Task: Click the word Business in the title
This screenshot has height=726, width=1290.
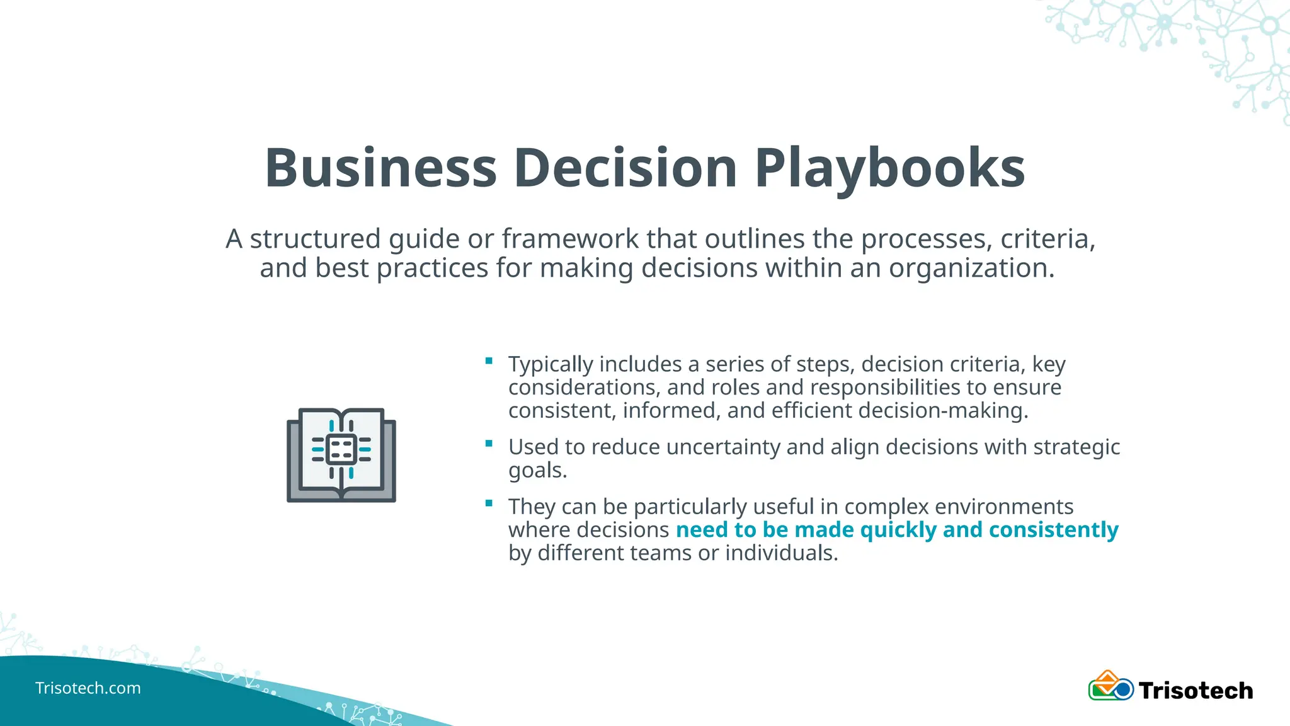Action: (x=380, y=168)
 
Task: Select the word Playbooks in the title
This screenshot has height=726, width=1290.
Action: (x=889, y=168)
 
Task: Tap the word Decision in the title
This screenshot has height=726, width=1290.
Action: (x=625, y=168)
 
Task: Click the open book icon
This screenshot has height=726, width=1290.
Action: (x=341, y=454)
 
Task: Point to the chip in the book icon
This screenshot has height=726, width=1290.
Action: (x=341, y=449)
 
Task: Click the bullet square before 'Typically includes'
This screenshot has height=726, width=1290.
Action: (x=489, y=361)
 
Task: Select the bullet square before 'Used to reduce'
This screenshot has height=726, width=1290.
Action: (x=489, y=444)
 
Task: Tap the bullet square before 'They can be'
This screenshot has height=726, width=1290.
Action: (x=489, y=503)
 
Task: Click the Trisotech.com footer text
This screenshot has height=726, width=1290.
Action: (x=88, y=688)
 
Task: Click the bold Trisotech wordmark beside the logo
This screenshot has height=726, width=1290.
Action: (x=1196, y=691)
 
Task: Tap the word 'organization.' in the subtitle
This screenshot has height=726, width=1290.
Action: (x=971, y=268)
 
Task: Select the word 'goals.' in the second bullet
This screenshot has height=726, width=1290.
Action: (x=537, y=470)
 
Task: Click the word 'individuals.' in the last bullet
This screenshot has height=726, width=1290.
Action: (x=781, y=553)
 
